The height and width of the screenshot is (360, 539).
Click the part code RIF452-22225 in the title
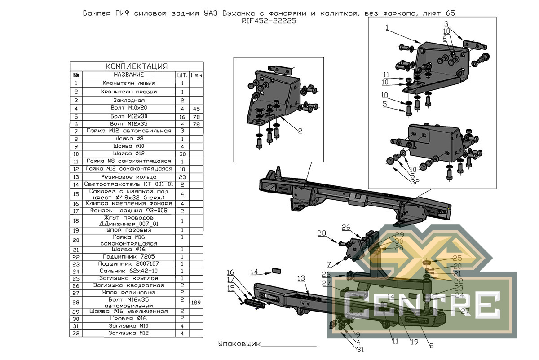(269, 21)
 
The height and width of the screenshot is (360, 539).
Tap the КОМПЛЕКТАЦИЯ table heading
(136, 66)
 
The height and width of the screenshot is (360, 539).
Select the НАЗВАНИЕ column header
(128, 75)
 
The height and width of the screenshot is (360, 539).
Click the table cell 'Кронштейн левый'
(128, 83)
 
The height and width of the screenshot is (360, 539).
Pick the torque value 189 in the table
(195, 303)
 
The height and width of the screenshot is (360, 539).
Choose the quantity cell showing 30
(182, 154)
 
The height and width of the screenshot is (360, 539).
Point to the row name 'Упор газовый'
(128, 230)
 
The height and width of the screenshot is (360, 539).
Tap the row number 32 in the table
(76, 334)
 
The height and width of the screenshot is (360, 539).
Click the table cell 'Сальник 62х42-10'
(128, 271)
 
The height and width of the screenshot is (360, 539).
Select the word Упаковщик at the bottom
(239, 344)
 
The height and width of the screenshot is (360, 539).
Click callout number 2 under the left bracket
(300, 131)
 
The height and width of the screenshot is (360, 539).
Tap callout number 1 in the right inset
(386, 27)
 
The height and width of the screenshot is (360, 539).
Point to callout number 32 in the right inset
(415, 182)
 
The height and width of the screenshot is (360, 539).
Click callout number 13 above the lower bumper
(301, 278)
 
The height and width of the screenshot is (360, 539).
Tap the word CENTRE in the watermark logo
(422, 304)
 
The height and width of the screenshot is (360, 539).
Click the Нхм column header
(195, 75)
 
